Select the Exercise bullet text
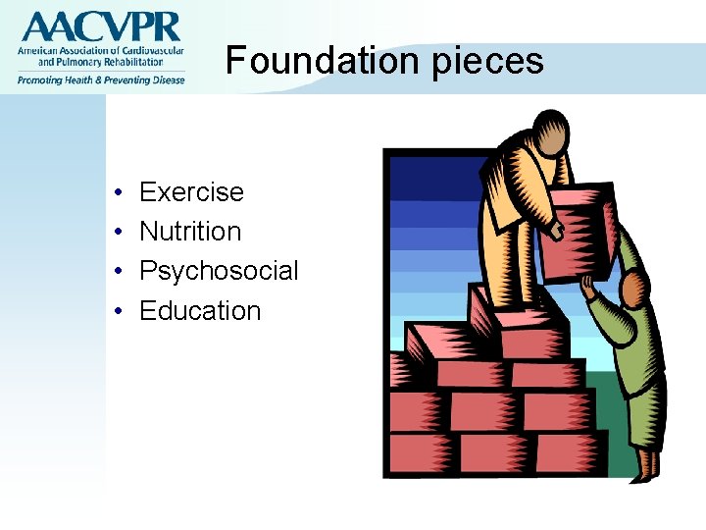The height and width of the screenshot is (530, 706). (x=191, y=191)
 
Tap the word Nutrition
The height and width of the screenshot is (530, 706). (x=190, y=232)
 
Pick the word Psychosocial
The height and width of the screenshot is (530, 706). (x=219, y=272)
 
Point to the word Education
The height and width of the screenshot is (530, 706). (x=200, y=311)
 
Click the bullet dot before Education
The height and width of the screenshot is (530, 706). (x=117, y=312)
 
